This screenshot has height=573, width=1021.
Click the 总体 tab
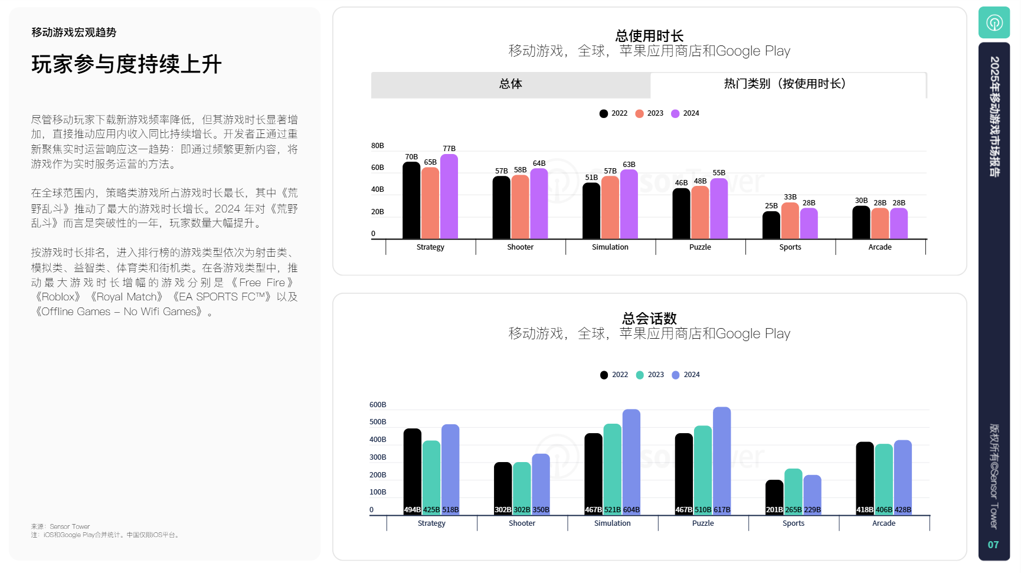click(510, 84)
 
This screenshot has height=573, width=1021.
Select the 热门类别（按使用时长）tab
click(787, 84)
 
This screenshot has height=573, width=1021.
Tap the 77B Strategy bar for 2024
click(449, 197)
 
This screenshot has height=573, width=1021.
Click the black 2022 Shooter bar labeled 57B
click(502, 207)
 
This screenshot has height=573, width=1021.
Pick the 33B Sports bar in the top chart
click(790, 221)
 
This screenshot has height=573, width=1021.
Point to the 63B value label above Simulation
click(629, 165)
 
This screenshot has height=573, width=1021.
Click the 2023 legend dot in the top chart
click(640, 113)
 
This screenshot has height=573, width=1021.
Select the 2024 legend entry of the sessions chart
click(686, 375)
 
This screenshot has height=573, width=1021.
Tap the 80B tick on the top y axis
click(378, 146)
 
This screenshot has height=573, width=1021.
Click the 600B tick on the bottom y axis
click(378, 405)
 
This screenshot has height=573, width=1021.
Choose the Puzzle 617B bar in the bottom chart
click(722, 460)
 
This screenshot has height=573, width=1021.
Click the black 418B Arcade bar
click(865, 478)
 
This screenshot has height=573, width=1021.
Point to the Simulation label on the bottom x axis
click(612, 523)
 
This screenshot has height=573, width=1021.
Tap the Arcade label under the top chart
click(880, 247)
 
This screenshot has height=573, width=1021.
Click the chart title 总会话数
click(649, 319)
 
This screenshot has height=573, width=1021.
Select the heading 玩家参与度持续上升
click(126, 64)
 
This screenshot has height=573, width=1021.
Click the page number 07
click(993, 545)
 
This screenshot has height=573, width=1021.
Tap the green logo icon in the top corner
click(994, 22)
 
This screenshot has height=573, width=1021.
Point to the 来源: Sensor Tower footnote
click(61, 526)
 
